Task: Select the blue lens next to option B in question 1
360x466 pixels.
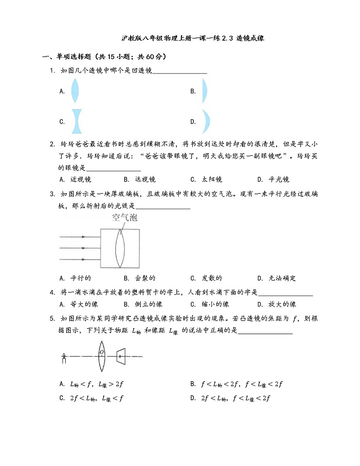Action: tap(204, 91)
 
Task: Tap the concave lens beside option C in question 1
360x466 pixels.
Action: tap(75, 121)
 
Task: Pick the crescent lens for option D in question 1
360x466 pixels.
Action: tap(206, 121)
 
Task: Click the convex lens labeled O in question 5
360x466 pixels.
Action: tap(102, 354)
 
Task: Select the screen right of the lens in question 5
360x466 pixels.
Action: tap(120, 356)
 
